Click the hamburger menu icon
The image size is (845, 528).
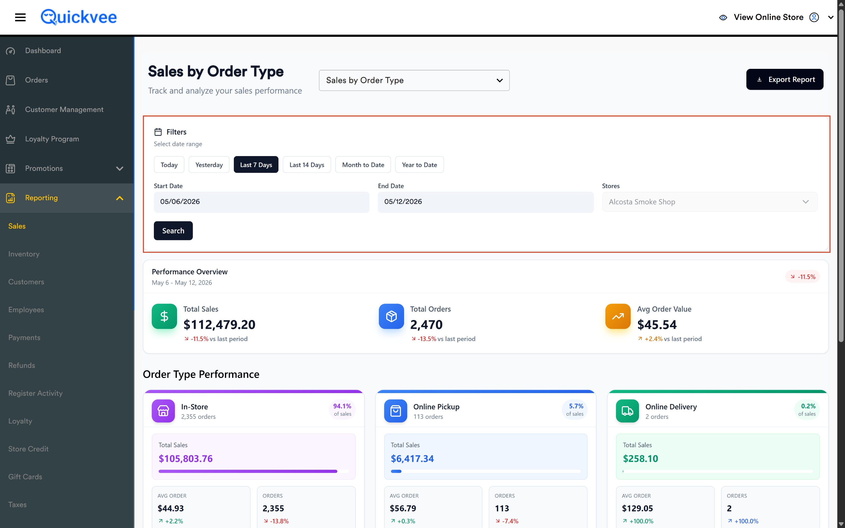tap(20, 17)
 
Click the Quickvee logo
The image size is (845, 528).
tap(79, 17)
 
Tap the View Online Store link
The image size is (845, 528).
tap(768, 17)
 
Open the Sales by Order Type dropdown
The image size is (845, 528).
tap(414, 80)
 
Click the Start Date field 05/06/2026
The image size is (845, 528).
tap(261, 202)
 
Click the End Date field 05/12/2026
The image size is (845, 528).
tap(486, 202)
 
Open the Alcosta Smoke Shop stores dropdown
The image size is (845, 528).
tap(710, 202)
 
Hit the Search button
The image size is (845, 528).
tap(173, 230)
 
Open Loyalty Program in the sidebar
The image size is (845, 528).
tap(52, 139)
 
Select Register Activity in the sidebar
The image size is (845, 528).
tap(35, 393)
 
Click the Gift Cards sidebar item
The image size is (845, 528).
tap(25, 477)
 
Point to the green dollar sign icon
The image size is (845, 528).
tap(164, 316)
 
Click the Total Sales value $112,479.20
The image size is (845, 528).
tap(219, 325)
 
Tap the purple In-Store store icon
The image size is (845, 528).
tap(163, 411)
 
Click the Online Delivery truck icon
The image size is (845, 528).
tap(627, 411)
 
